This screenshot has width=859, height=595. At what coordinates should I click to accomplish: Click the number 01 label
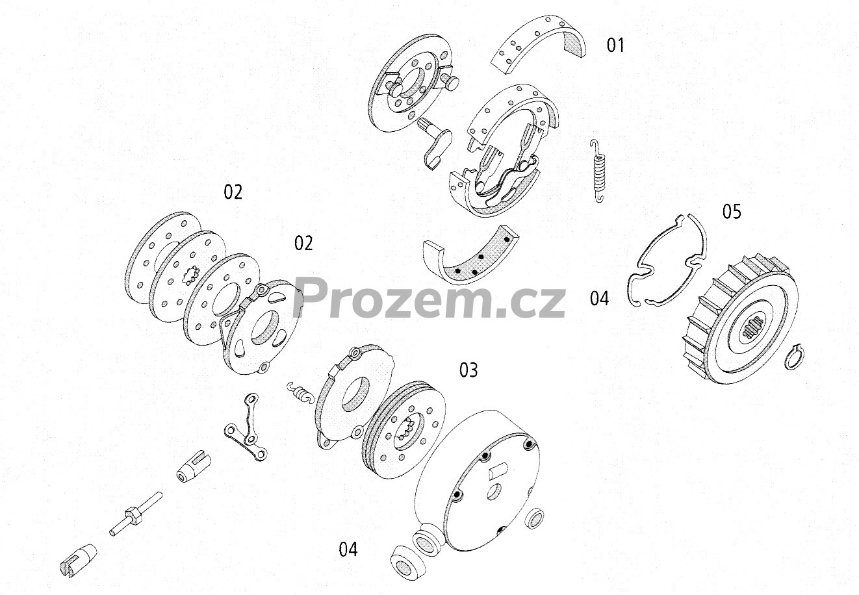pos(615,45)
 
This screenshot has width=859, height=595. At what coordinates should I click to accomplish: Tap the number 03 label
pos(468,370)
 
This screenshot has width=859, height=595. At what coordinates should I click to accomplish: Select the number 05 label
pos(731,211)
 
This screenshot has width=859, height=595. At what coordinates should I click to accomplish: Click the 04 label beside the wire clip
pos(599,299)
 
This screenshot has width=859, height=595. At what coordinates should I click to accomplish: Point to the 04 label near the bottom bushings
pos(348,550)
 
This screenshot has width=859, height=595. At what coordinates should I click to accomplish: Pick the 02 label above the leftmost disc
pos(233,192)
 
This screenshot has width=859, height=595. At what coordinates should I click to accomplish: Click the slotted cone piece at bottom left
pos(78,560)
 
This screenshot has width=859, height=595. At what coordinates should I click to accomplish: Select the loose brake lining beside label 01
pos(539,44)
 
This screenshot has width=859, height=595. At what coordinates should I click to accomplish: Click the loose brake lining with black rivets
pos(471,256)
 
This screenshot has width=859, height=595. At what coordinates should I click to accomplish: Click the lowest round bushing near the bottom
pos(407,563)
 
